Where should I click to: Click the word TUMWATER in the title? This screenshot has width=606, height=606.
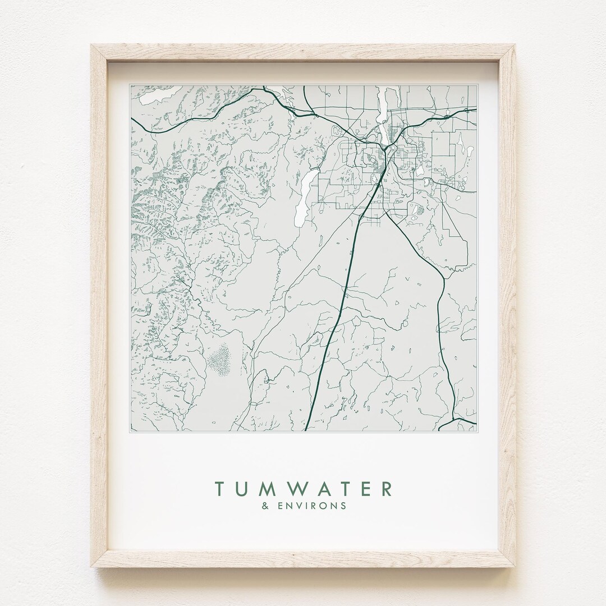pos(304,488)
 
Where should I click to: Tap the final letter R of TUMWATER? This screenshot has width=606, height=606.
pos(387,488)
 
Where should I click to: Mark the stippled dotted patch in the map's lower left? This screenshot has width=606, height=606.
pos(220,359)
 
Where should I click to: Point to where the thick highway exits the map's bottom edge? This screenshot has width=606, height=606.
pos(306,429)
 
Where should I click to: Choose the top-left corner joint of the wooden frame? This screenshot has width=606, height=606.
pos(100,53)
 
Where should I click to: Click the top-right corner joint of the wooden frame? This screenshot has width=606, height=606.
pos(506,53)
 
